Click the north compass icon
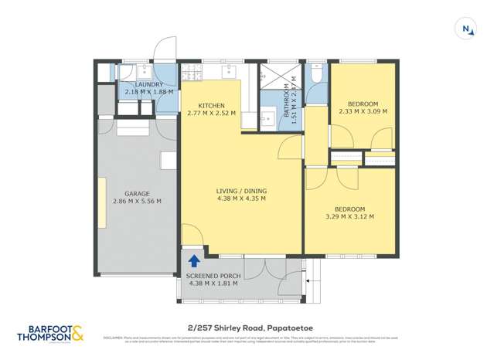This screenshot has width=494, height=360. pos(466,29)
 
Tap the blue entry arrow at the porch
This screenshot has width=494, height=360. pos(192,261)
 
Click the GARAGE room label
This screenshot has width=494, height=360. pos(137,194)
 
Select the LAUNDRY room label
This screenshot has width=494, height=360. pos(148,85)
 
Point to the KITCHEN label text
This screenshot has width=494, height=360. pos(211,106)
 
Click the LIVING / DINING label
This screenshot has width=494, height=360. pos(240,190)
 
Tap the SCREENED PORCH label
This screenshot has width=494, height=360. pos(213,276)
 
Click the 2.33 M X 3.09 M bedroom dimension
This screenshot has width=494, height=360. pos(363,111)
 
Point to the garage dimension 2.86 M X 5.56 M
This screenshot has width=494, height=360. pos(137,202)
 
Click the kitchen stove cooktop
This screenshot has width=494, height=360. pos(191,74)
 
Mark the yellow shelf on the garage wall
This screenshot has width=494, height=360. pos(101,203)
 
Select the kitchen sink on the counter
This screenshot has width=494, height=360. pos(230,73)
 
